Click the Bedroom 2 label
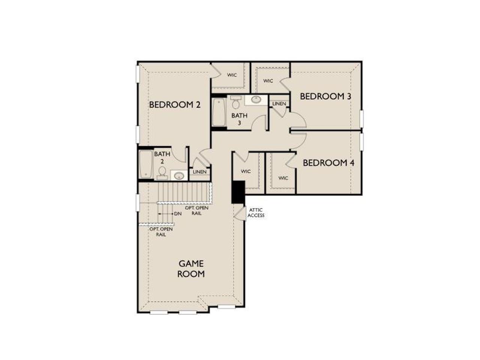tap(175, 105)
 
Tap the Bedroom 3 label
tap(325, 96)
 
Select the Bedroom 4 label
tap(328, 163)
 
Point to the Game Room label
tap(191, 268)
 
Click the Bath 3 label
tap(239, 119)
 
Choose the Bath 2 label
tap(162, 157)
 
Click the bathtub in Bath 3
tap(218, 112)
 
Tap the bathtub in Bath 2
tap(145, 164)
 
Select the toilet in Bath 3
tap(236, 102)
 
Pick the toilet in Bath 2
tap(162, 172)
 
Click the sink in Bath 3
tap(256, 100)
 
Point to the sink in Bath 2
tap(178, 175)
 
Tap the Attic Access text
tap(256, 213)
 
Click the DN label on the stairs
tap(178, 214)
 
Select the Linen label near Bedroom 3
tap(279, 103)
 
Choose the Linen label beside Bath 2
tap(199, 172)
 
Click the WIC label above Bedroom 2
tap(232, 75)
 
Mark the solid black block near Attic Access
tap(238, 192)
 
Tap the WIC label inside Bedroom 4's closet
tap(283, 178)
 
